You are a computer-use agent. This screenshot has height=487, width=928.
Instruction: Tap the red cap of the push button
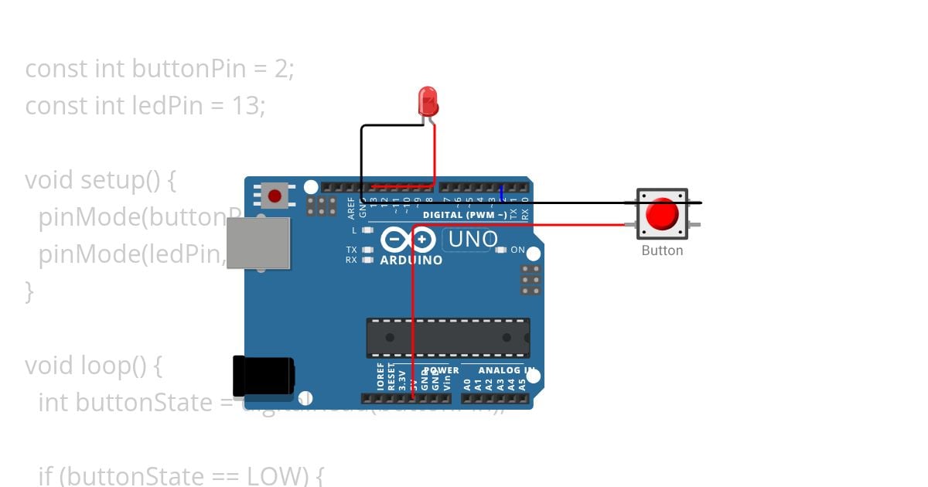click(662, 214)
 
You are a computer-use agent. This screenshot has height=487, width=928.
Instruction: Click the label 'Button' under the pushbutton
click(662, 250)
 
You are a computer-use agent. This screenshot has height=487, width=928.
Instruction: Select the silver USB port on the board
click(259, 243)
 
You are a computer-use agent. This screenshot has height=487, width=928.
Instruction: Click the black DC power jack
click(264, 378)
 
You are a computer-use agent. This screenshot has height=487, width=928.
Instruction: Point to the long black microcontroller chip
click(448, 338)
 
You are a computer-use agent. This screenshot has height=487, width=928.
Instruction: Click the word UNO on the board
click(473, 240)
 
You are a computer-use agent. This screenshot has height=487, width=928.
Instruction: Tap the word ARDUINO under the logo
click(411, 261)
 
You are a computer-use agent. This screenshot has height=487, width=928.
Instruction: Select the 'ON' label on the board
click(517, 250)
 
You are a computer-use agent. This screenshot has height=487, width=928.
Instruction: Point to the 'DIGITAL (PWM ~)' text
click(465, 214)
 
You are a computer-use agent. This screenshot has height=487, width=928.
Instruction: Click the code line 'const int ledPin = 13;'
click(145, 105)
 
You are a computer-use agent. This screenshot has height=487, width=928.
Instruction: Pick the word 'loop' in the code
click(105, 365)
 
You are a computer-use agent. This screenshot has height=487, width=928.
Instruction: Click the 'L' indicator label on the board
click(354, 230)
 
